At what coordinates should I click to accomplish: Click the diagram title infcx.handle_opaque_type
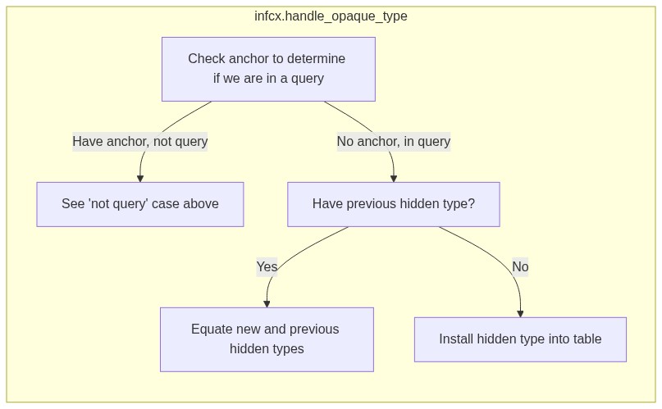point(331,16)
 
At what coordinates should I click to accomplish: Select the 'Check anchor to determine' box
point(268,69)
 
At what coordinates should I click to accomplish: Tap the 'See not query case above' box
point(140,205)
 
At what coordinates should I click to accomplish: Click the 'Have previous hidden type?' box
point(394,205)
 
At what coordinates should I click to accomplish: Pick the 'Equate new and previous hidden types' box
point(267,339)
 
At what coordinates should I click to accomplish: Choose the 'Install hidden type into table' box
point(520,339)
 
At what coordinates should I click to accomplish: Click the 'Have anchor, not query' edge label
point(140,141)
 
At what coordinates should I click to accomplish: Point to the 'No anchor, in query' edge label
point(394,141)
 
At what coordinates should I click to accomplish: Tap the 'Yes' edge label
point(267,267)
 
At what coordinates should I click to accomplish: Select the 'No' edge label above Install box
point(520,267)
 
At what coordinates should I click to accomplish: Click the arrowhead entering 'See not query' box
point(140,179)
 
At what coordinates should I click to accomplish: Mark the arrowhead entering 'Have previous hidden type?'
point(394,179)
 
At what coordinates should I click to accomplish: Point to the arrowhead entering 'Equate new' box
point(267,304)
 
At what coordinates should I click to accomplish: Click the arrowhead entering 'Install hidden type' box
point(520,314)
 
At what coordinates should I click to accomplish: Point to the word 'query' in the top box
point(307,79)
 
